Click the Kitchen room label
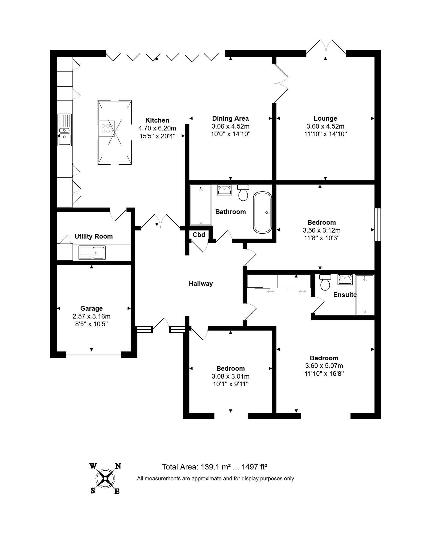(x=157, y=120)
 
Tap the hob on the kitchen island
(x=107, y=128)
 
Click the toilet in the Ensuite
(x=325, y=282)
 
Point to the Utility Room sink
(x=92, y=252)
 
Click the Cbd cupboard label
(x=199, y=235)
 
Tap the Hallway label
(x=201, y=284)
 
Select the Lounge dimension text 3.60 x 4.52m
(x=325, y=126)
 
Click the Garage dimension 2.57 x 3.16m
(x=91, y=316)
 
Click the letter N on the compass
(x=118, y=466)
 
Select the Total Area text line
(x=214, y=467)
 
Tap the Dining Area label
(x=230, y=118)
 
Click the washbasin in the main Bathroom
(x=224, y=190)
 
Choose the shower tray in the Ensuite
(x=364, y=295)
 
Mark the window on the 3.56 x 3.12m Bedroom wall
(x=378, y=224)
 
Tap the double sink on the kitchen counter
(x=65, y=130)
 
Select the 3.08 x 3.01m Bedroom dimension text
(x=230, y=376)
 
